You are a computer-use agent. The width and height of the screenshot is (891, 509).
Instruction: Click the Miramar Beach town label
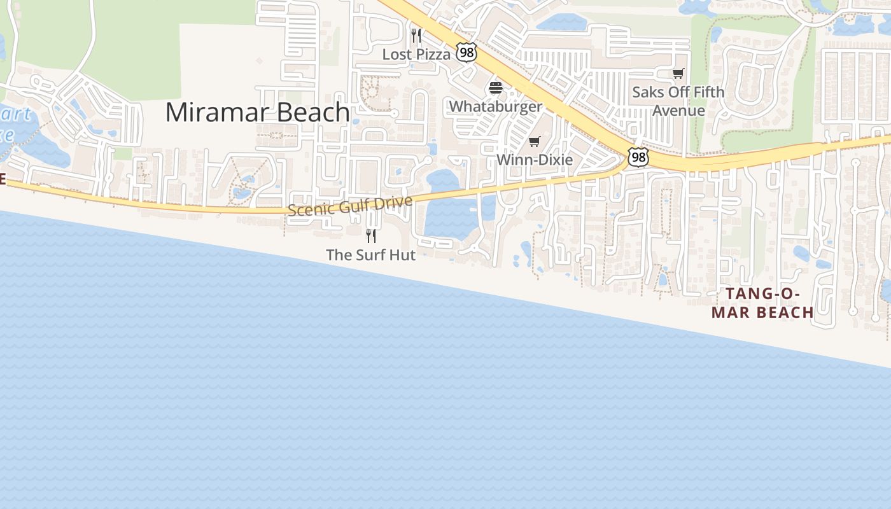257,113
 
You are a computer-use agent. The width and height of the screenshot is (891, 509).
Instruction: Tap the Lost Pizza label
416,55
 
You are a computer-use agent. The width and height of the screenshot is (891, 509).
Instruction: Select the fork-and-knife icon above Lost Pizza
416,35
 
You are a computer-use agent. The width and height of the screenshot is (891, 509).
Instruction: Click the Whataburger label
496,106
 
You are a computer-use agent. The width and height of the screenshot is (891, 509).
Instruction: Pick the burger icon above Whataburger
496,88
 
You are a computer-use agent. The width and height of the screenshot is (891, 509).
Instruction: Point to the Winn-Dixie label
535,160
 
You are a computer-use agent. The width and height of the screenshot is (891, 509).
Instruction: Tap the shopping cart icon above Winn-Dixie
535,142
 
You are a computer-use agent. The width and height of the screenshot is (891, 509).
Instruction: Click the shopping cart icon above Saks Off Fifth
678,74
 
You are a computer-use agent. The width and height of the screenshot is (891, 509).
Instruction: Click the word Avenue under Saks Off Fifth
678,111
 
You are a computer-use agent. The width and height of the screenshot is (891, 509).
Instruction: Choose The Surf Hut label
370,255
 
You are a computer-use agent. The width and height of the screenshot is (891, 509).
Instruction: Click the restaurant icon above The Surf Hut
371,236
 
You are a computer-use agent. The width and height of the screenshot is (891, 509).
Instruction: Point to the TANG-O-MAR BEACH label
762,303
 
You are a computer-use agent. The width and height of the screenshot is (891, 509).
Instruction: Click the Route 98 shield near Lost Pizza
467,53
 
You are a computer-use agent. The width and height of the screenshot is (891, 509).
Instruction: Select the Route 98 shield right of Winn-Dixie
638,157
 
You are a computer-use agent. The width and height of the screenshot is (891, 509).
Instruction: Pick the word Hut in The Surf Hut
403,255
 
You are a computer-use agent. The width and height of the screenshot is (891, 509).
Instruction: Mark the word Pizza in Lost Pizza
433,55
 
